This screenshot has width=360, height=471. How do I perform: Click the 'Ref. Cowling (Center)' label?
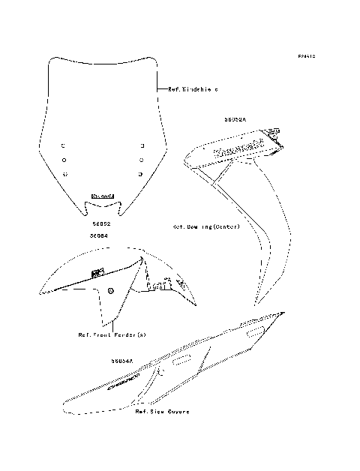205,226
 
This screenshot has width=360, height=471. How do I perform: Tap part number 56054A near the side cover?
121,361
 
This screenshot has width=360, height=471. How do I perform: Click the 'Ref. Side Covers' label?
162,412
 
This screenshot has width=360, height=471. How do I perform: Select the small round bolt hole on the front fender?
110,291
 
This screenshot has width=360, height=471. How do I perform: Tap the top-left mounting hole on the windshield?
65,145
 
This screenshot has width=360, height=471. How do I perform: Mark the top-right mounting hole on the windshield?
141,145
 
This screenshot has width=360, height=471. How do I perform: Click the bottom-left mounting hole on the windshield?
65,174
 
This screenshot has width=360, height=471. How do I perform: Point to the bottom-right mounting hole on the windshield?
141,174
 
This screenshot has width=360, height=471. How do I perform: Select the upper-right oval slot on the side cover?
253,330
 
